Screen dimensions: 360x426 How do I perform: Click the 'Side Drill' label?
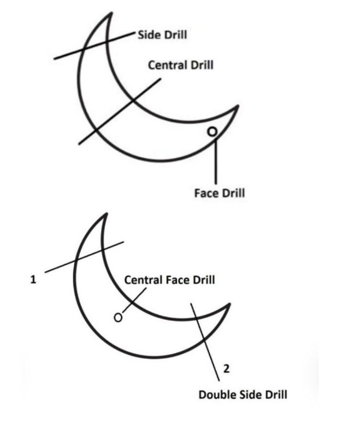coord(163,35)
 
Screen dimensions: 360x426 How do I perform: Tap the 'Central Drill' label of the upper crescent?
coord(181,65)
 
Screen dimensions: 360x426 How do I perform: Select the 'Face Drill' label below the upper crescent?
coord(220,192)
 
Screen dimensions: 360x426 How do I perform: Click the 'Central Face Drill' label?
coord(170,280)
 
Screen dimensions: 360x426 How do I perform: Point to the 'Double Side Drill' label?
coord(243,394)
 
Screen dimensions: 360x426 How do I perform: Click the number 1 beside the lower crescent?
coord(33,279)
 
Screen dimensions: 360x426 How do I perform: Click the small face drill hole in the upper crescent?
coord(213,131)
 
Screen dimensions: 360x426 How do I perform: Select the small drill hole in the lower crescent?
coord(117,317)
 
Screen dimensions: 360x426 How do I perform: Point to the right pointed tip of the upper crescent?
coord(238,106)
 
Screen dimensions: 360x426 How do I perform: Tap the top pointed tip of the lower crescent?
coord(103,214)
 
